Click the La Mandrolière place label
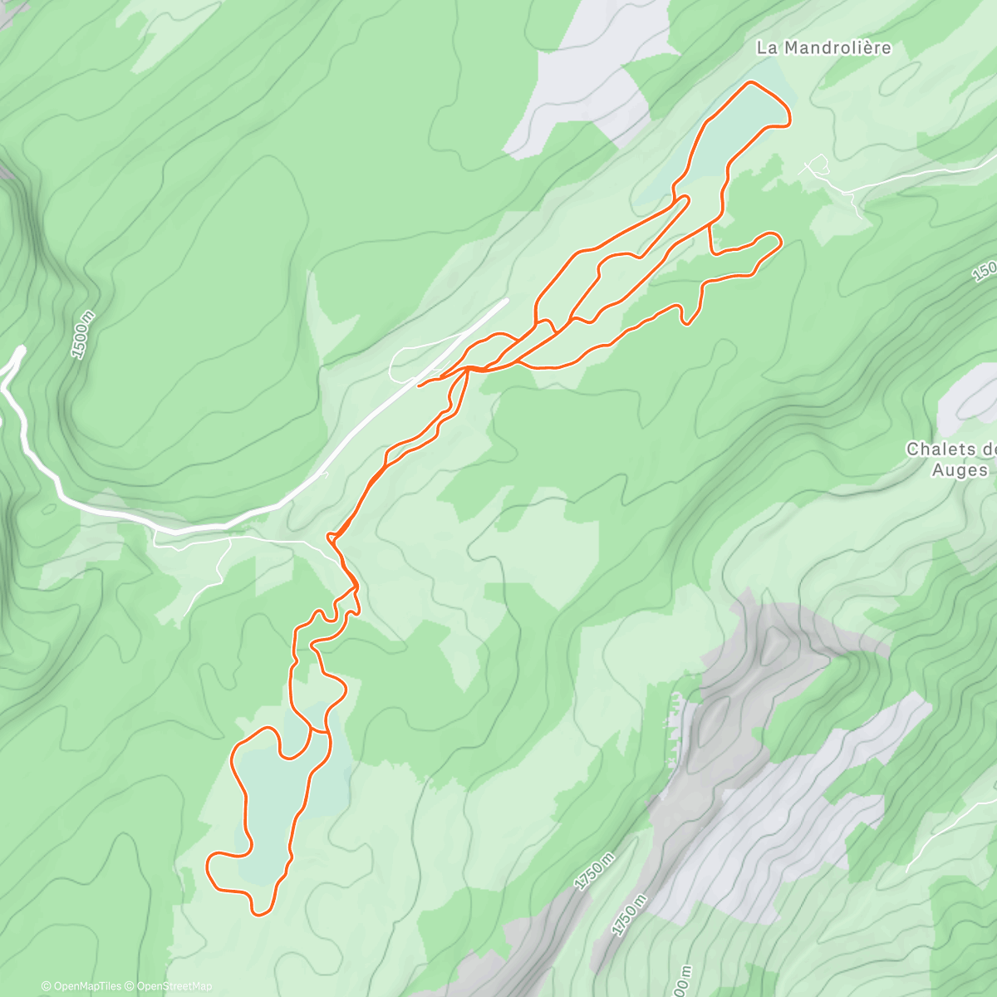tap(823, 48)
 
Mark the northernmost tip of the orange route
tap(751, 82)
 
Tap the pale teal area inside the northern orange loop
tap(735, 125)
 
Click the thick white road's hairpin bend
tap(18, 352)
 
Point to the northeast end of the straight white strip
tap(505, 301)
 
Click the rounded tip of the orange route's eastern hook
tap(778, 240)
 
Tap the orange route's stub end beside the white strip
tap(420, 385)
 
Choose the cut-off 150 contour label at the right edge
tap(985, 272)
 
